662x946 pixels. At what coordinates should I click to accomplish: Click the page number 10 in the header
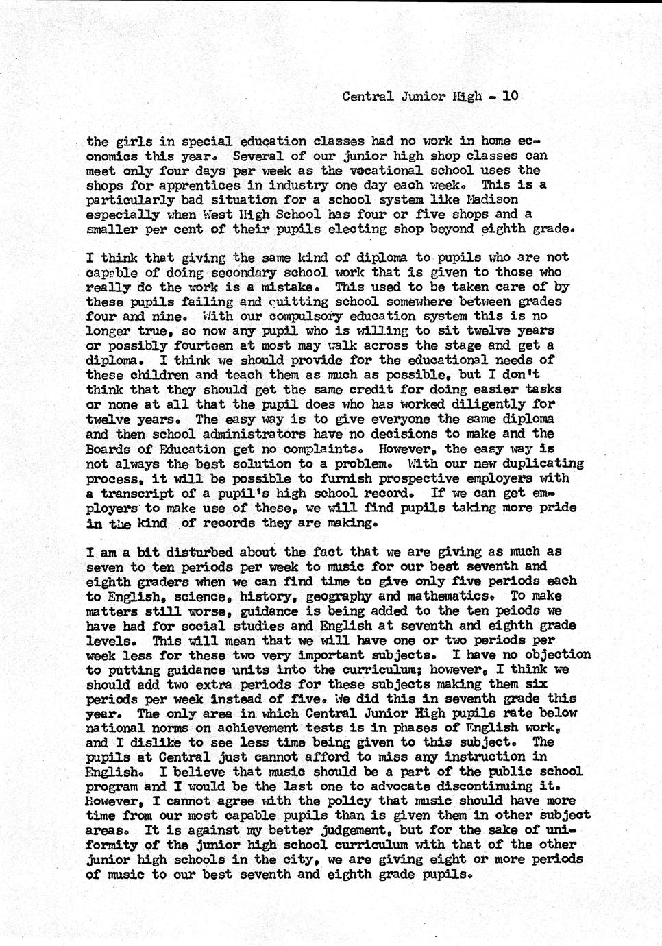point(510,97)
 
